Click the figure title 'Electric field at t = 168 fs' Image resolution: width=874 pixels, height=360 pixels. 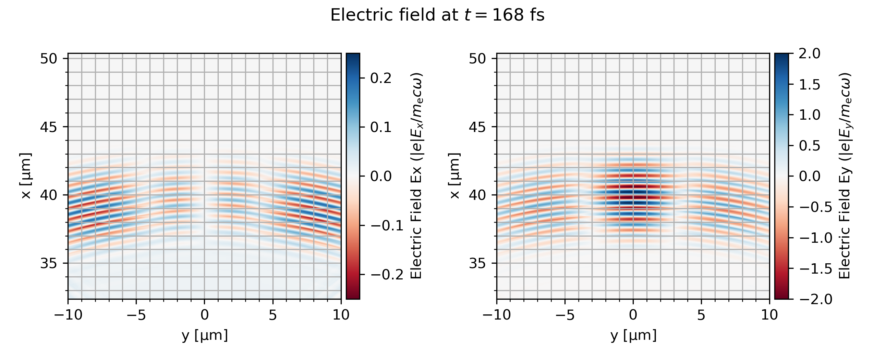click(x=437, y=15)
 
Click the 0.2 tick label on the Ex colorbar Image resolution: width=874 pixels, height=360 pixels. click(x=381, y=78)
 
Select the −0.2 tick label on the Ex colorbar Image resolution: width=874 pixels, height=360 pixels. click(x=387, y=275)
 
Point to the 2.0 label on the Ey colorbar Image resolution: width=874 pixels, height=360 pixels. click(x=810, y=54)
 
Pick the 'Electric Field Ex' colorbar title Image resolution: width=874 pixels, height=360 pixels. click(x=416, y=176)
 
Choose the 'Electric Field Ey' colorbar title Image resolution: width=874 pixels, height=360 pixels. click(x=845, y=176)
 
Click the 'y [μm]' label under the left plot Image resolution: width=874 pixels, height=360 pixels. click(x=205, y=335)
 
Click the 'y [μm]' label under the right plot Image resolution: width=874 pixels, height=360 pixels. click(x=633, y=335)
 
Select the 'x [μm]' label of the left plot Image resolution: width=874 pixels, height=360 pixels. click(x=26, y=176)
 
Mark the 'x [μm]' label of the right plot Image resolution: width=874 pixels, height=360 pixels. click(x=455, y=176)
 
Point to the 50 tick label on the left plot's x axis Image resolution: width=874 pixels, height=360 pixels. click(x=49, y=59)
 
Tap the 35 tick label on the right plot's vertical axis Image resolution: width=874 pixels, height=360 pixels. click(x=477, y=263)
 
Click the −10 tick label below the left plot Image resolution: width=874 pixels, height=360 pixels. click(x=68, y=315)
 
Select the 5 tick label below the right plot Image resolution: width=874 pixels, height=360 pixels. click(x=701, y=315)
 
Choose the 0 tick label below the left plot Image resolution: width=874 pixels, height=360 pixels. click(x=205, y=315)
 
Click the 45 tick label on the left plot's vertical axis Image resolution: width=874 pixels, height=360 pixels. click(x=49, y=127)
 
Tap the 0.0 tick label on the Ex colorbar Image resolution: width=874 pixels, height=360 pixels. click(x=381, y=176)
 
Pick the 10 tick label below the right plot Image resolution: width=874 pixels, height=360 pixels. click(x=769, y=315)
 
